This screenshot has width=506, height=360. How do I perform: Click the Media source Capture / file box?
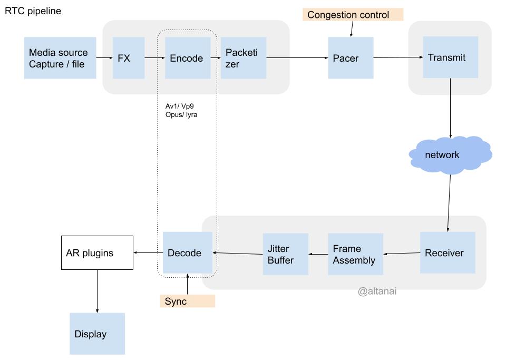pyautogui.click(x=60, y=58)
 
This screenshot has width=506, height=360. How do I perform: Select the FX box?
pyautogui.click(x=129, y=58)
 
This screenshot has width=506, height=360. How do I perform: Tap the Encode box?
pyautogui.click(x=188, y=58)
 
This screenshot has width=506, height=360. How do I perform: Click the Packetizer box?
pyautogui.click(x=243, y=58)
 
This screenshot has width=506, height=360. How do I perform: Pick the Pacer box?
pyautogui.click(x=351, y=58)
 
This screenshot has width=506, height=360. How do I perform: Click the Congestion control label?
pyautogui.click(x=353, y=15)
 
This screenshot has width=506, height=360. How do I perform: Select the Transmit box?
pyautogui.click(x=450, y=57)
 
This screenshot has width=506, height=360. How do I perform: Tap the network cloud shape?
pyautogui.click(x=450, y=155)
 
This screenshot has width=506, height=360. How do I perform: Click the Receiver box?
pyautogui.click(x=447, y=252)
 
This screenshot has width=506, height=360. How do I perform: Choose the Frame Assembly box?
pyautogui.click(x=355, y=254)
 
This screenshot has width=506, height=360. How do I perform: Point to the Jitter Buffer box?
pyautogui.click(x=285, y=254)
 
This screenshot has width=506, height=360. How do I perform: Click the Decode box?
pyautogui.click(x=187, y=253)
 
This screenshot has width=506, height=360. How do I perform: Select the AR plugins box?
pyautogui.click(x=97, y=253)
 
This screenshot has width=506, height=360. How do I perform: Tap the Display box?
pyautogui.click(x=97, y=334)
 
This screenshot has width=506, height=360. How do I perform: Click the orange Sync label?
pyautogui.click(x=187, y=301)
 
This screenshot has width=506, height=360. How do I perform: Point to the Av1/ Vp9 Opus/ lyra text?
pyautogui.click(x=181, y=110)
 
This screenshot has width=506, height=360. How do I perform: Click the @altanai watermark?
pyautogui.click(x=377, y=291)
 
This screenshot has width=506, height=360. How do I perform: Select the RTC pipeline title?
pyautogui.click(x=33, y=11)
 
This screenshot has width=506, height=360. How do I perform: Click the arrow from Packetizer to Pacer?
pyautogui.click(x=297, y=58)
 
